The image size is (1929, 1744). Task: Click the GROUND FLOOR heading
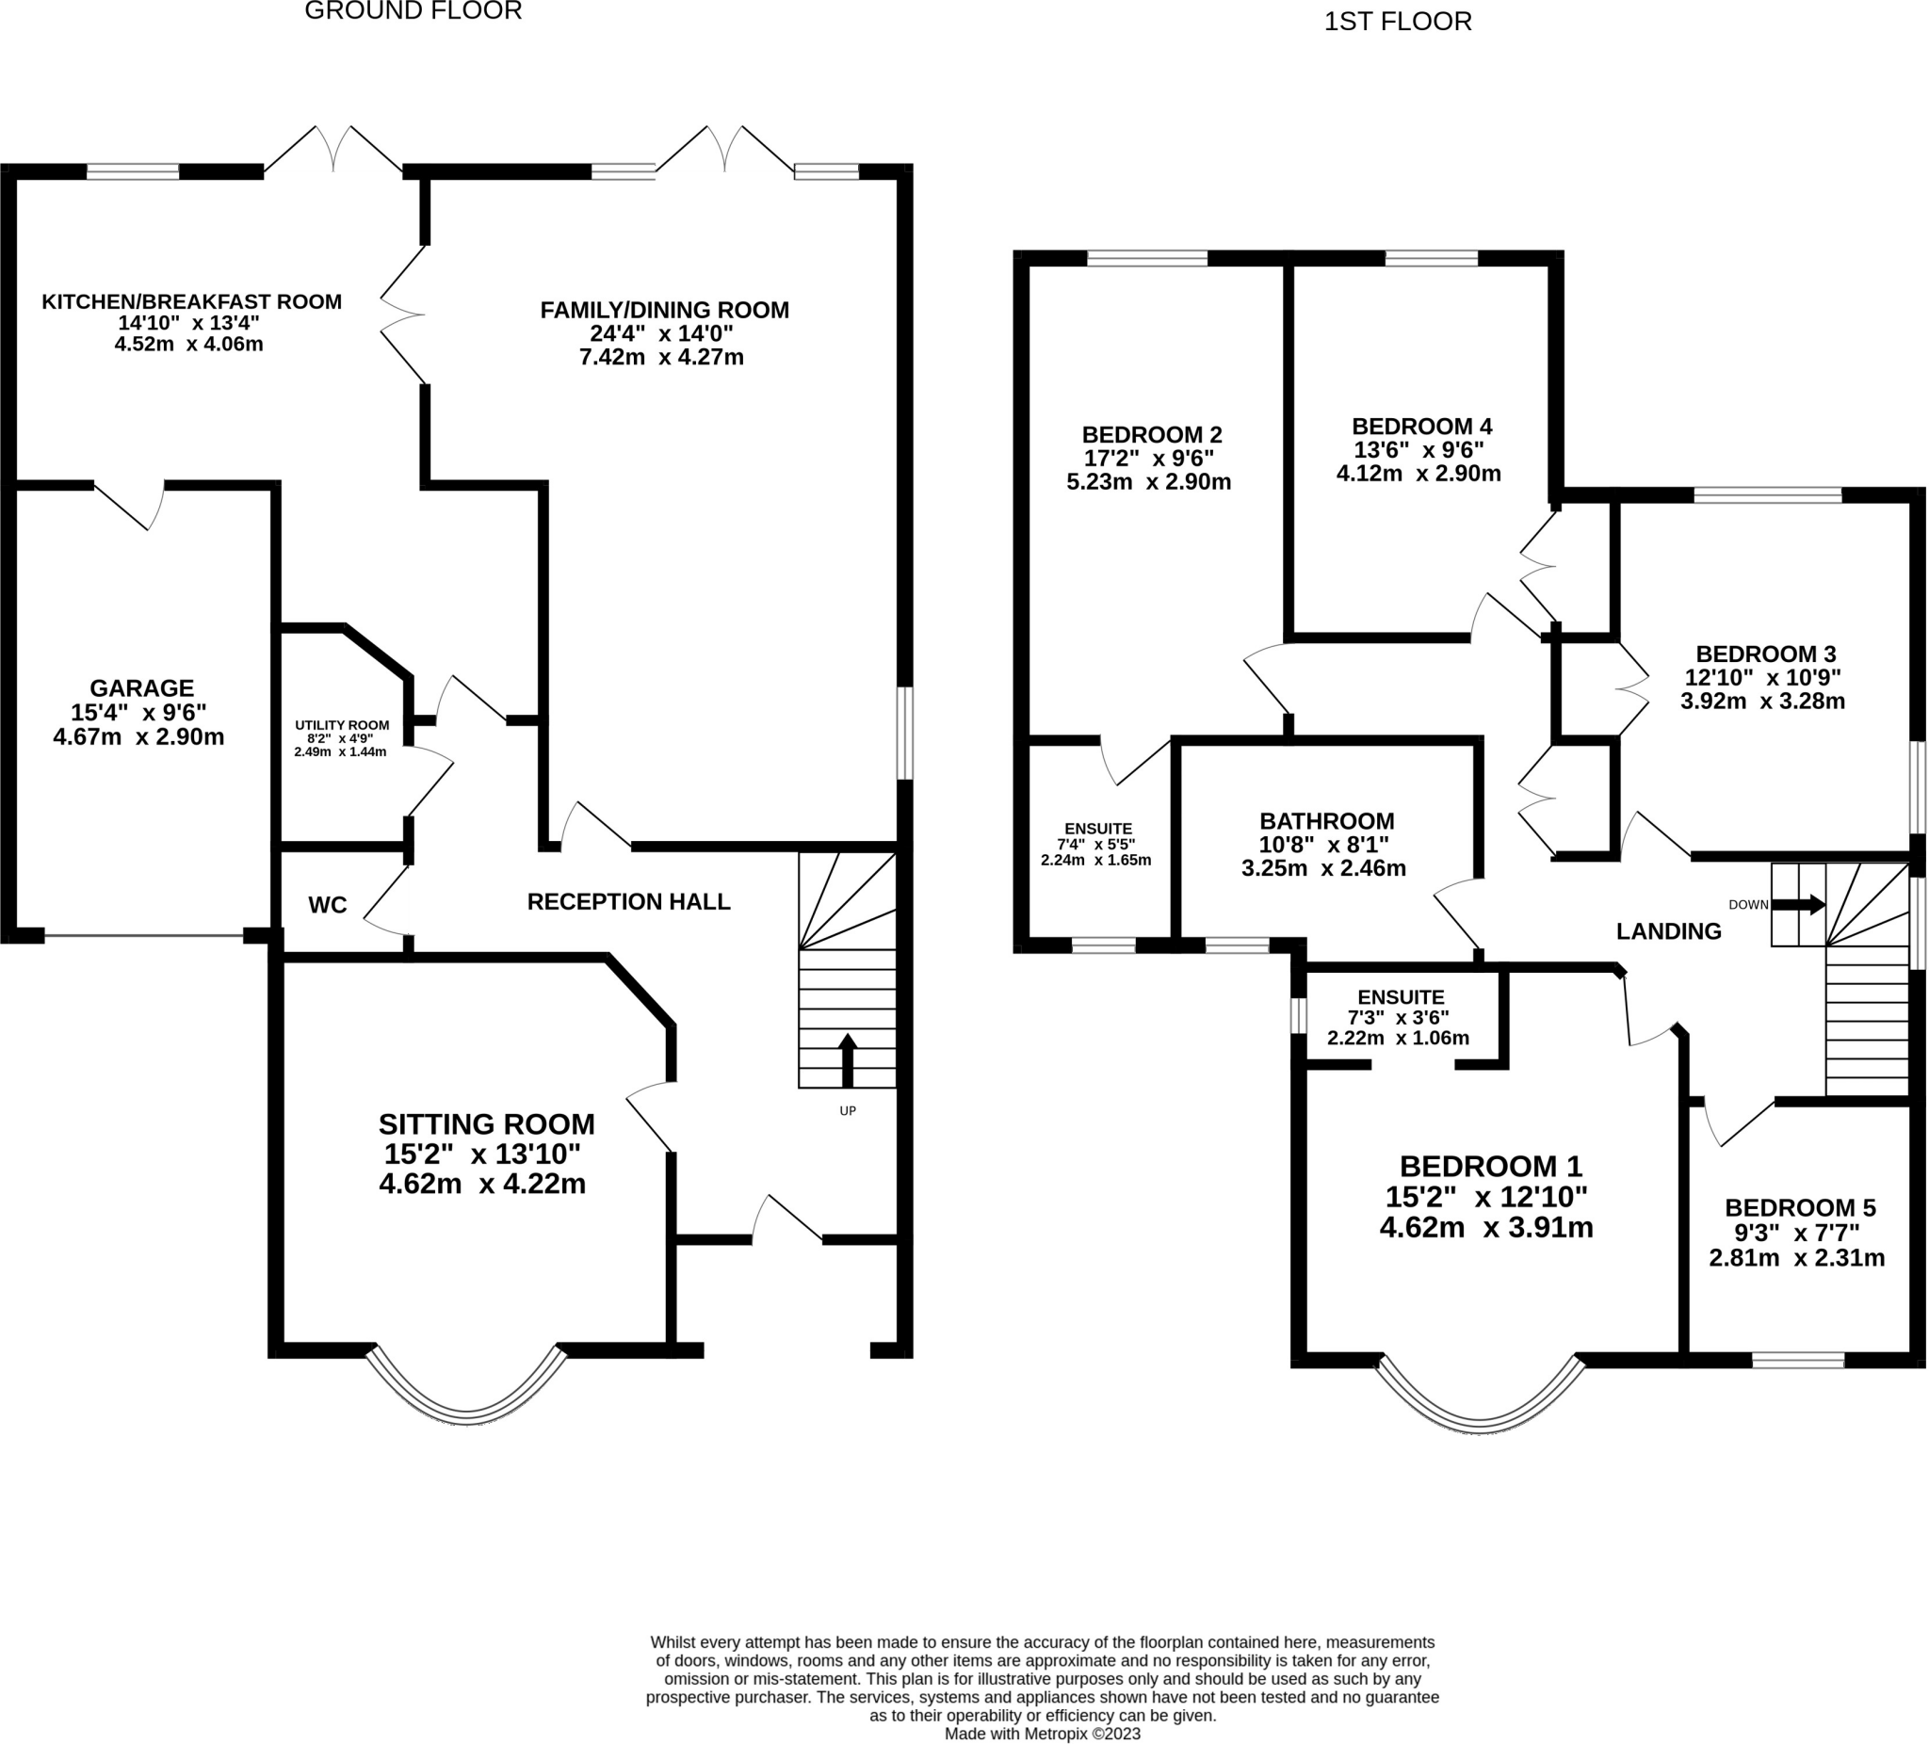tap(413, 10)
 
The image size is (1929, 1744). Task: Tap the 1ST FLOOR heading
tap(1398, 22)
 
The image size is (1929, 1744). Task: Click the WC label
tap(327, 905)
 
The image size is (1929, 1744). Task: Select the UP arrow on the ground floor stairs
tap(847, 1060)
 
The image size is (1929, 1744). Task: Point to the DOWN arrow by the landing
tap(1799, 905)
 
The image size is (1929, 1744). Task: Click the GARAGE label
tap(141, 687)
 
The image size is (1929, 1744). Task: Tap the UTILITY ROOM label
tap(342, 725)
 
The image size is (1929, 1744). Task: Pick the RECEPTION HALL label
tap(628, 901)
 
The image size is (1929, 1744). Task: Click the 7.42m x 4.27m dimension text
tap(661, 358)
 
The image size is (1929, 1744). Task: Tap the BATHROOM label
tap(1326, 821)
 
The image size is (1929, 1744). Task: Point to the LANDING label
tap(1669, 930)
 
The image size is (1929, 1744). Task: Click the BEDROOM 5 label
tap(1800, 1207)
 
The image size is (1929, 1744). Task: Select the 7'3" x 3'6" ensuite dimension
tap(1398, 1018)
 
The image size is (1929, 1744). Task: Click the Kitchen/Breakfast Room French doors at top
tap(333, 149)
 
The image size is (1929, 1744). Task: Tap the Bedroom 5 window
tap(1798, 1361)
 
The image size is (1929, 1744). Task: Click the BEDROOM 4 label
tap(1422, 426)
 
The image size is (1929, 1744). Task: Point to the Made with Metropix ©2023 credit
tap(1043, 1734)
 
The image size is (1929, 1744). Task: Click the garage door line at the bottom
tap(143, 936)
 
